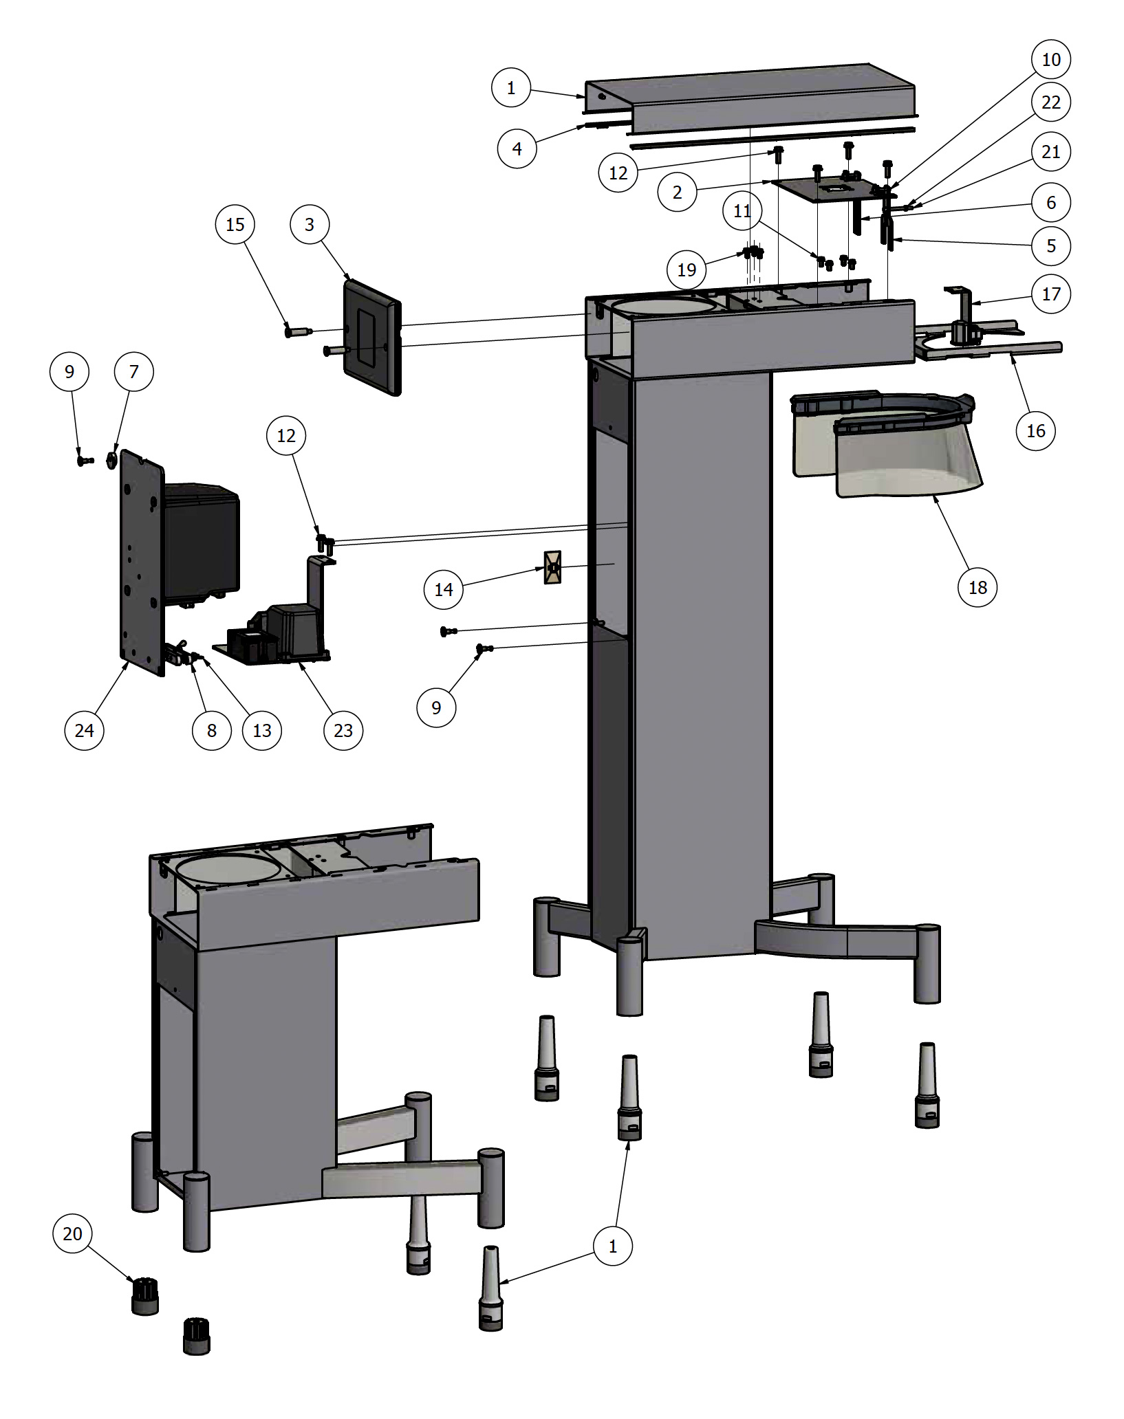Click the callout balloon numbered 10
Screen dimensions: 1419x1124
(1050, 60)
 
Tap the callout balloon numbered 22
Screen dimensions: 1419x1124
(1050, 102)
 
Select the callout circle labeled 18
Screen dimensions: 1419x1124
(977, 587)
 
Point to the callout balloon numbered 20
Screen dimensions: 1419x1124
(72, 1233)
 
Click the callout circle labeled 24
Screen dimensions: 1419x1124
(84, 730)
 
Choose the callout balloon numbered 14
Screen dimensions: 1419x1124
(443, 589)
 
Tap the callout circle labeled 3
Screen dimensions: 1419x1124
(309, 224)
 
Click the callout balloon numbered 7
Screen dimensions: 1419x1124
(133, 371)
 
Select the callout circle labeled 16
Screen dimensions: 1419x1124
(1035, 430)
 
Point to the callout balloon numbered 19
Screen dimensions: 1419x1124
(687, 269)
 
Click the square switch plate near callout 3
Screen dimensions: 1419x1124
(372, 337)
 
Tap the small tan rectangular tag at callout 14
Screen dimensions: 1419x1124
(552, 567)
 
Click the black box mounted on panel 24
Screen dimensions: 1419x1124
(201, 540)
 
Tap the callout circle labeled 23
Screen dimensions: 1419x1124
(343, 730)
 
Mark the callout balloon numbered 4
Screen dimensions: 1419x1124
(517, 148)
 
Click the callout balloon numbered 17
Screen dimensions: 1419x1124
(1050, 294)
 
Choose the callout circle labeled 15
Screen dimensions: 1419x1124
(235, 224)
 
